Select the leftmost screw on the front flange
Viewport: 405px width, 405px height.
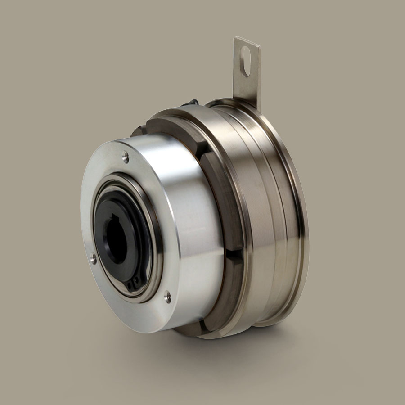[x=94, y=259]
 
